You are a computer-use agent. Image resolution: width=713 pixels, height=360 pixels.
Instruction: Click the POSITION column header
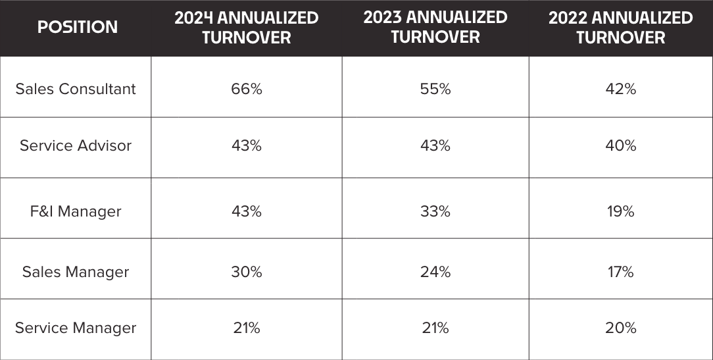pyautogui.click(x=77, y=27)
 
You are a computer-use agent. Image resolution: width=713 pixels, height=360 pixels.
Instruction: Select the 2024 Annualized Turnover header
pyautogui.click(x=246, y=28)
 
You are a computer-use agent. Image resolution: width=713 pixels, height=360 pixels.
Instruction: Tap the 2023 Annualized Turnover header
pyautogui.click(x=435, y=27)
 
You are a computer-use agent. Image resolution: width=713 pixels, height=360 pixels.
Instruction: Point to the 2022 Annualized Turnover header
pyautogui.click(x=620, y=28)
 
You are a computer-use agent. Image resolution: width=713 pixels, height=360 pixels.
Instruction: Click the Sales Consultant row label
pyautogui.click(x=76, y=89)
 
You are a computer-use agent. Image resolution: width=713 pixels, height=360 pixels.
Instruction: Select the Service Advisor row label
pyautogui.click(x=76, y=145)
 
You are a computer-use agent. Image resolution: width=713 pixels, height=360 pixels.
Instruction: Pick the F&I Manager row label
pyautogui.click(x=76, y=211)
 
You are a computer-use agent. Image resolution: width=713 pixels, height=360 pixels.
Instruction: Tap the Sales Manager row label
pyautogui.click(x=76, y=272)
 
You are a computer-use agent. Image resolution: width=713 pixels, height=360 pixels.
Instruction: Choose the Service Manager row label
pyautogui.click(x=76, y=328)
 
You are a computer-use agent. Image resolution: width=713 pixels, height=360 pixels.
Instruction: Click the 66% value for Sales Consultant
pyautogui.click(x=247, y=89)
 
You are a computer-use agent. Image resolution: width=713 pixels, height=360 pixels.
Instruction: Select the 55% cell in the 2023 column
pyautogui.click(x=435, y=89)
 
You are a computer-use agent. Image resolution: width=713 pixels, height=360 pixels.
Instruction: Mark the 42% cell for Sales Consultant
pyautogui.click(x=620, y=89)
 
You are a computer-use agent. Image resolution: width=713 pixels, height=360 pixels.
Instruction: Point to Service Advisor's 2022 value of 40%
pyautogui.click(x=620, y=145)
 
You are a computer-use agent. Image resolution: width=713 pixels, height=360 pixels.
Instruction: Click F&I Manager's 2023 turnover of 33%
pyautogui.click(x=435, y=211)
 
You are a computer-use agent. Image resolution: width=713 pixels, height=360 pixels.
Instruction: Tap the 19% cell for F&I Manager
pyautogui.click(x=620, y=211)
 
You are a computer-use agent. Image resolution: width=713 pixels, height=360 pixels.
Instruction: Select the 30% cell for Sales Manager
pyautogui.click(x=247, y=272)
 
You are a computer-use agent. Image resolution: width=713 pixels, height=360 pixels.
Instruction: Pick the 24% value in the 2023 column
pyautogui.click(x=435, y=272)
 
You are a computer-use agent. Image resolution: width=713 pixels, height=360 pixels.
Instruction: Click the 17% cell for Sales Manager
pyautogui.click(x=620, y=272)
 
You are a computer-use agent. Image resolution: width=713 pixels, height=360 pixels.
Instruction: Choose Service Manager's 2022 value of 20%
pyautogui.click(x=620, y=328)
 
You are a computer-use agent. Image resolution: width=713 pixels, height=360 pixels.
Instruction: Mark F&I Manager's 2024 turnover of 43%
pyautogui.click(x=247, y=211)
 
